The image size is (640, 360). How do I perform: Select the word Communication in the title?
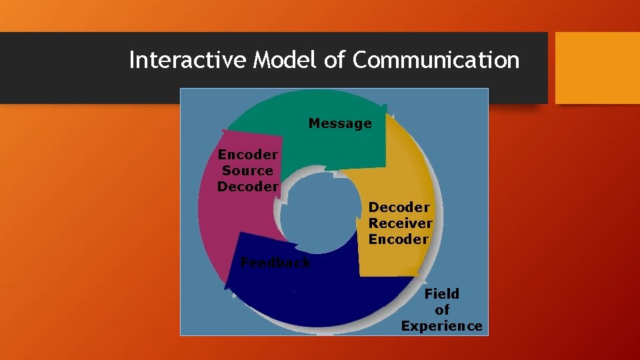[436, 60]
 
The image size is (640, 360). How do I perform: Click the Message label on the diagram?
[340, 123]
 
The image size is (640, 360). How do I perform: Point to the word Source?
[247, 171]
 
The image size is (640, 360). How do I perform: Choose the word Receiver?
[400, 223]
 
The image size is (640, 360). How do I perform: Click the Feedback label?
[275, 263]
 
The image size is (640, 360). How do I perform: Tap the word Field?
[442, 294]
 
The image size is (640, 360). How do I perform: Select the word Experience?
[441, 326]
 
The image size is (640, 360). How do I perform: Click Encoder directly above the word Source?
[247, 155]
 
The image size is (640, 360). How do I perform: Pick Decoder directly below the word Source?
[247, 187]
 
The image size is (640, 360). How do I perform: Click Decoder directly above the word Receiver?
[399, 207]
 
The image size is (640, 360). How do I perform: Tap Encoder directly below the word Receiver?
[399, 239]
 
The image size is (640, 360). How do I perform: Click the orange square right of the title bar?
[597, 67]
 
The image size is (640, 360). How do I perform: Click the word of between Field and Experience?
[442, 310]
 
